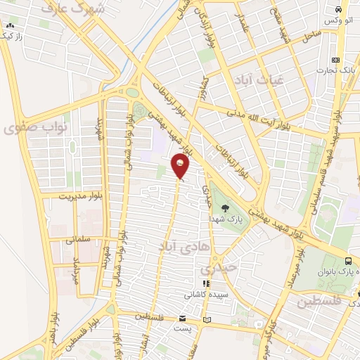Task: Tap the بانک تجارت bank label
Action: (x=333, y=70)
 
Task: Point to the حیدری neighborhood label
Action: (x=214, y=269)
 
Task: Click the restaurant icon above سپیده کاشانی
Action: (x=206, y=283)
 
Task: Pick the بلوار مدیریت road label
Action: (x=82, y=195)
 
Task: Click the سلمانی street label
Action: (x=78, y=239)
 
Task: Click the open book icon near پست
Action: (x=207, y=320)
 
